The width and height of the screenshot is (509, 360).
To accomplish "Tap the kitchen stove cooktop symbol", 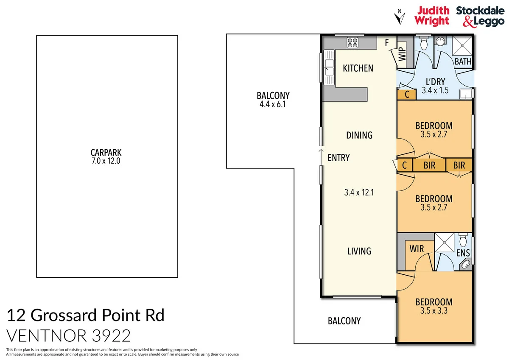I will (353, 42).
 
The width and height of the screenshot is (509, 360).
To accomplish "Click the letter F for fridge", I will (387, 43).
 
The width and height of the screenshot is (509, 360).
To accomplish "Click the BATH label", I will (463, 61).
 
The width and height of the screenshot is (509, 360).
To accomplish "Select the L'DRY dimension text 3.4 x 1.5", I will (435, 90).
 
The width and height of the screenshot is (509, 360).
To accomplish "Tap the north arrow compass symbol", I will (398, 17).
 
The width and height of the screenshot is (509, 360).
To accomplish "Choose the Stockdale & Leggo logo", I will (480, 16).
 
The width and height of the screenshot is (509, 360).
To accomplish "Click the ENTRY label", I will (338, 158).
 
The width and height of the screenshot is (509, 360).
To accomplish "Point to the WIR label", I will (417, 248).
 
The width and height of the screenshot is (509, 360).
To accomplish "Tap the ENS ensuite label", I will (463, 253).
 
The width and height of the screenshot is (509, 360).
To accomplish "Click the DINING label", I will (359, 135).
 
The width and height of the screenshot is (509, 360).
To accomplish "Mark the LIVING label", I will (359, 251).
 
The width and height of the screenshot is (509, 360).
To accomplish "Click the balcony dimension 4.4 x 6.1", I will (273, 103).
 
